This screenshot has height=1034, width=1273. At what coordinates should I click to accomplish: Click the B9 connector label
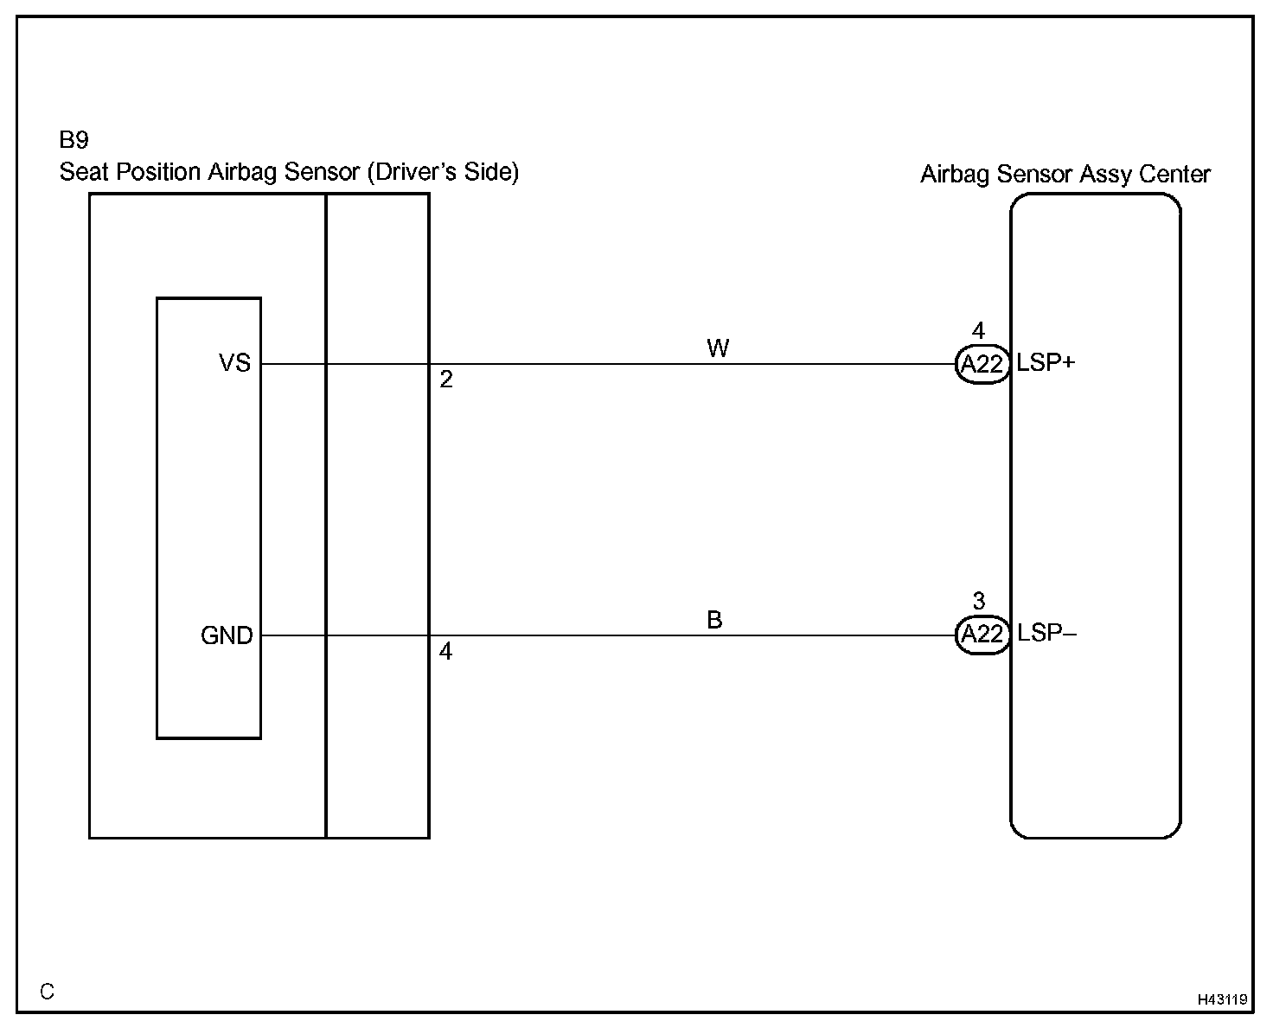click(x=74, y=141)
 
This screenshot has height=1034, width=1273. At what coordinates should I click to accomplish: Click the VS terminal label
click(x=234, y=363)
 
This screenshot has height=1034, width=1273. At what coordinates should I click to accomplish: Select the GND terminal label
click(x=227, y=635)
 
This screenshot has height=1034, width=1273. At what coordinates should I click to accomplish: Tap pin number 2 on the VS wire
click(x=446, y=380)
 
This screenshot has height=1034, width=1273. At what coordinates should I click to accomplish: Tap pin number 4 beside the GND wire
click(x=445, y=651)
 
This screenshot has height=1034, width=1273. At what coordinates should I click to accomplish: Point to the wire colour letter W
click(x=718, y=348)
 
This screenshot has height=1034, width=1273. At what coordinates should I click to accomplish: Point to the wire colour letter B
click(x=714, y=620)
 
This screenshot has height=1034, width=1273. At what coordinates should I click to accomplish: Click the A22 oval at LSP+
click(x=982, y=365)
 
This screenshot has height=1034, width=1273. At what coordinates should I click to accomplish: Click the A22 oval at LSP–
click(x=982, y=635)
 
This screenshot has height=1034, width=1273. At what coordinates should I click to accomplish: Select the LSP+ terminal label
click(x=1046, y=363)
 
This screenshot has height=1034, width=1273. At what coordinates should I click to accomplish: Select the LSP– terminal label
click(x=1046, y=633)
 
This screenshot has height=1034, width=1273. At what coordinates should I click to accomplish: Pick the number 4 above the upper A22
click(x=979, y=331)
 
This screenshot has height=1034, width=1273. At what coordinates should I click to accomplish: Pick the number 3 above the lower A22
click(x=979, y=601)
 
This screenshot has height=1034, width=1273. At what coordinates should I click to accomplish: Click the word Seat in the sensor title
click(x=84, y=172)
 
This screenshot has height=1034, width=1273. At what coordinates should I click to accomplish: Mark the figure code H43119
click(x=1222, y=999)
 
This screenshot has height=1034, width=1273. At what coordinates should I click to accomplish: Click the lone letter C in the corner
click(x=48, y=992)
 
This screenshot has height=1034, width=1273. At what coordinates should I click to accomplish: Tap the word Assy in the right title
click(x=1104, y=175)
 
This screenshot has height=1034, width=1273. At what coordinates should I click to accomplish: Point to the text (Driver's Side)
click(x=442, y=172)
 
